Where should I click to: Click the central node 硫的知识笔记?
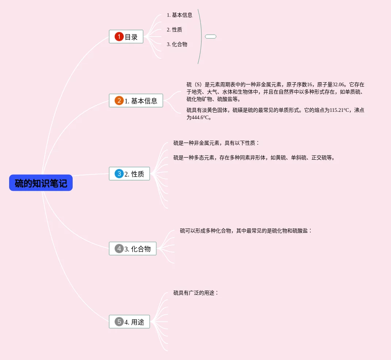point(41,183)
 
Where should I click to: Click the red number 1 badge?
point(119,37)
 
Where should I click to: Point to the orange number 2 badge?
point(119,101)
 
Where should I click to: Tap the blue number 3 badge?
point(119,174)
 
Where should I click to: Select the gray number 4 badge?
point(119,249)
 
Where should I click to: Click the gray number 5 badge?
point(119,322)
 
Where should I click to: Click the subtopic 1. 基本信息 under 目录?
point(180,15)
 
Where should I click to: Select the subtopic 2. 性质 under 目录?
point(175,30)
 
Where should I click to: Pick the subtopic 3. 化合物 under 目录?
point(177,44)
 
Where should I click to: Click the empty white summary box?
point(211,37)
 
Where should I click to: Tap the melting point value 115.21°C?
point(339,110)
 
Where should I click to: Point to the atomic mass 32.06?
point(339,84)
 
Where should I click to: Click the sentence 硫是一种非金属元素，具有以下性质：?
point(216,143)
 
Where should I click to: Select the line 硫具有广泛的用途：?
point(196,293)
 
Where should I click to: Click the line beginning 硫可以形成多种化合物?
point(246,231)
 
